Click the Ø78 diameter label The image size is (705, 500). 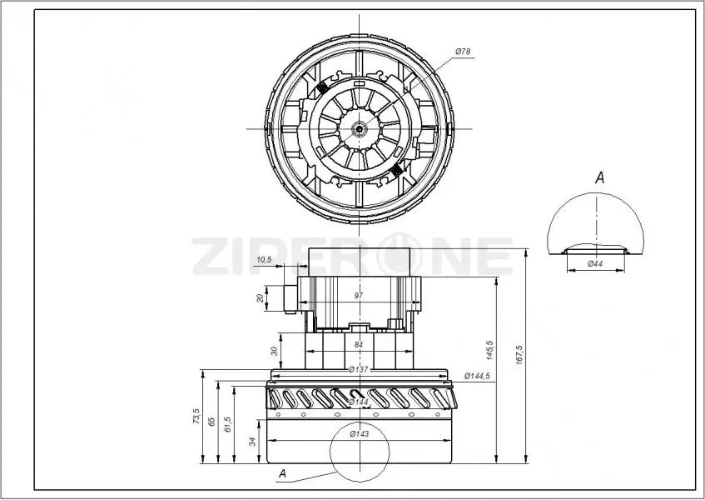click(464, 52)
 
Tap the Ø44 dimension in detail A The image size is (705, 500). click(595, 264)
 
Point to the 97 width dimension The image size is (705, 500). click(359, 296)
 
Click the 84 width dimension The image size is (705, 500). click(359, 343)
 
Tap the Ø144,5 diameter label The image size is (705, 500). click(477, 377)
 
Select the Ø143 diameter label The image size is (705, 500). click(360, 432)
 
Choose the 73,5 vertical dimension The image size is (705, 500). click(196, 416)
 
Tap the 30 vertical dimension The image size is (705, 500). click(275, 351)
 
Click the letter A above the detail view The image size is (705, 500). click(599, 177)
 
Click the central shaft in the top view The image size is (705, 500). click(359, 128)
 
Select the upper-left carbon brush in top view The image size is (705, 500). click(321, 89)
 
